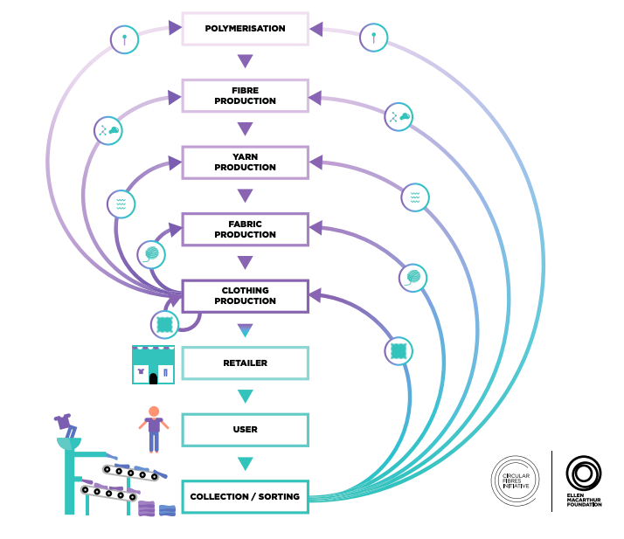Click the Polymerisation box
pyautogui.click(x=245, y=29)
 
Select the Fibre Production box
pyautogui.click(x=245, y=95)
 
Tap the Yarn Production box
pyautogui.click(x=245, y=162)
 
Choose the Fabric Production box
pyautogui.click(x=245, y=229)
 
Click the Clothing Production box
pyautogui.click(x=245, y=295)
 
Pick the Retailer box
pyautogui.click(x=245, y=363)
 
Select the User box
pyautogui.click(x=245, y=430)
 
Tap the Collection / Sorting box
pyautogui.click(x=245, y=496)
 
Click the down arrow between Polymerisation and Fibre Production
pyautogui.click(x=245, y=61)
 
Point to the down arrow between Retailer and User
pyautogui.click(x=245, y=397)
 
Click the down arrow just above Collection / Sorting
pyautogui.click(x=245, y=464)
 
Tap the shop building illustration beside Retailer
pyautogui.click(x=153, y=364)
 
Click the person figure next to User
pyautogui.click(x=154, y=428)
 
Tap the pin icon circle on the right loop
pyautogui.click(x=373, y=38)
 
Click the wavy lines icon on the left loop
pyautogui.click(x=121, y=204)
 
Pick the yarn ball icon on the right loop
pyautogui.click(x=413, y=278)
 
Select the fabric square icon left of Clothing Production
pyautogui.click(x=164, y=324)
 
